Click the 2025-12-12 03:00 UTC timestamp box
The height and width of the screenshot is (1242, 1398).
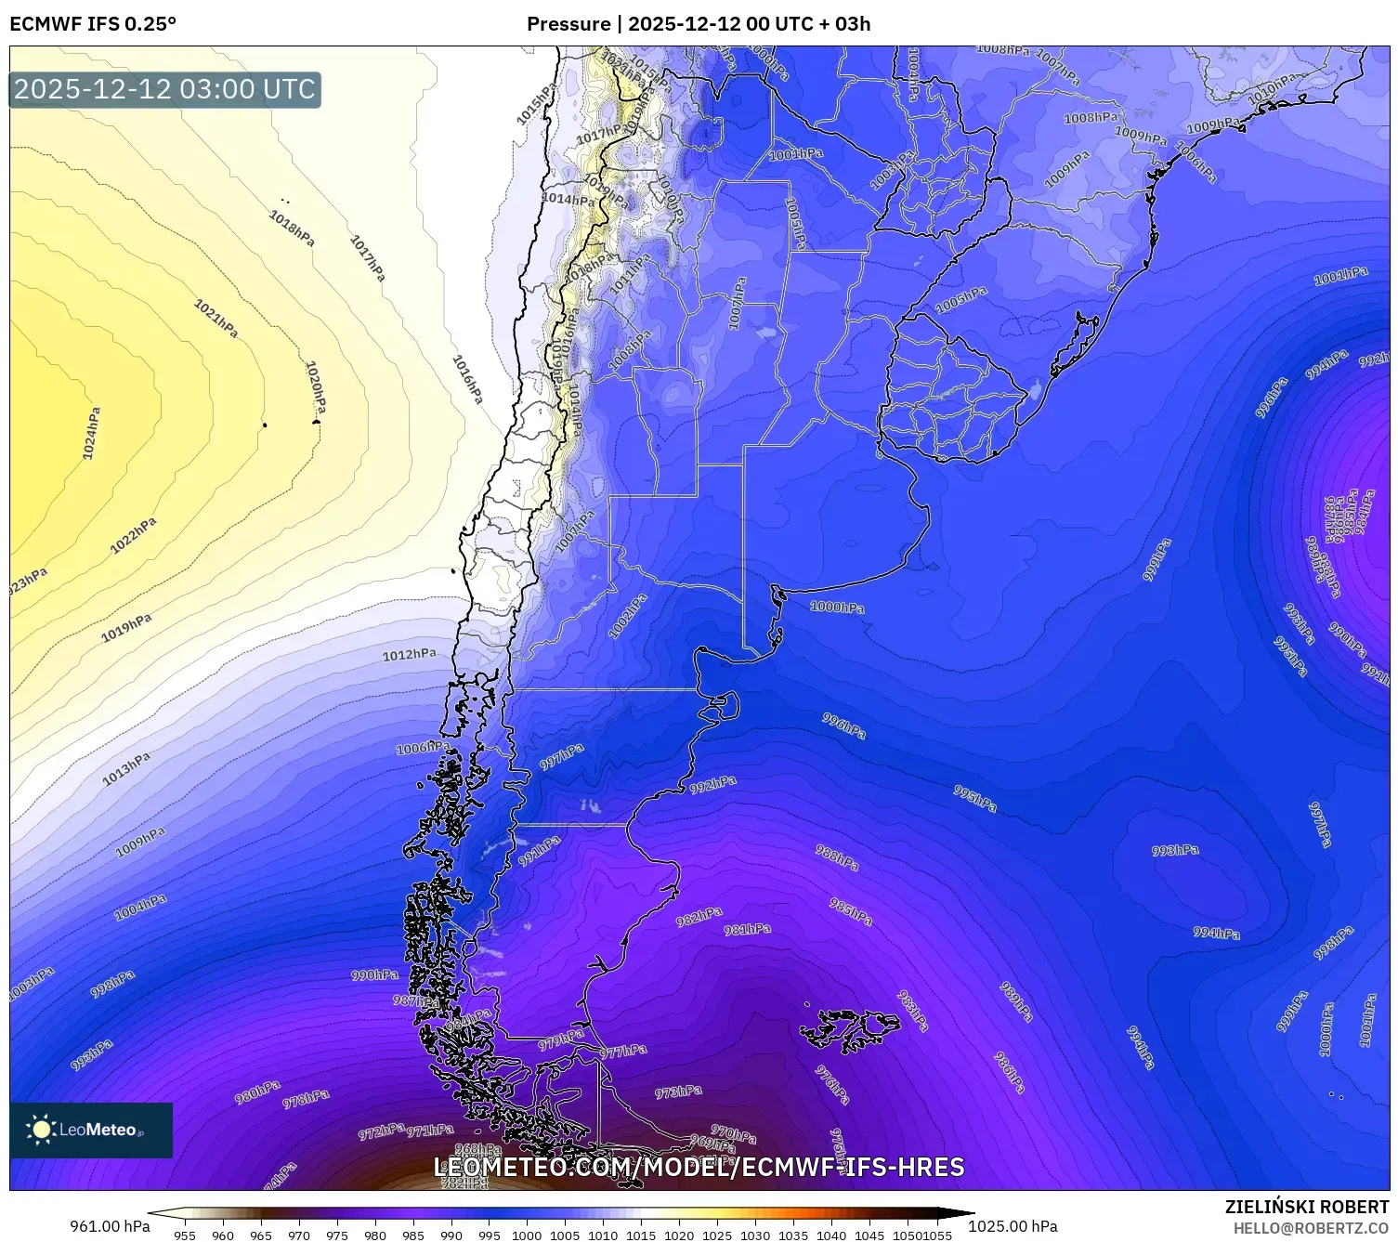pos(164,90)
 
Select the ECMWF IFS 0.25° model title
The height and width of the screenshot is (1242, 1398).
pos(93,24)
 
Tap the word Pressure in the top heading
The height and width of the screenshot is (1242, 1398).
pos(568,24)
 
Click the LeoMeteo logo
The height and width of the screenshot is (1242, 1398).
pos(91,1130)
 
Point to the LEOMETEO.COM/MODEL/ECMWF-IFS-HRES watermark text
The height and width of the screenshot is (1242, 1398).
pos(699,1168)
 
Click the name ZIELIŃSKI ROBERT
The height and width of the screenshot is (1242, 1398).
pos(1306,1208)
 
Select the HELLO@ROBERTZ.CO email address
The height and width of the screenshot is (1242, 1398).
pos(1311,1228)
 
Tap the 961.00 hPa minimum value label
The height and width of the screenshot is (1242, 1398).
pos(110,1226)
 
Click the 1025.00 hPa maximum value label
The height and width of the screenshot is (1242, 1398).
pos(1013,1226)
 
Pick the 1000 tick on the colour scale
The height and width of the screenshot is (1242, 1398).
pos(527,1235)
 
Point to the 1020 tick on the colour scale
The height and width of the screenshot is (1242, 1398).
pos(679,1235)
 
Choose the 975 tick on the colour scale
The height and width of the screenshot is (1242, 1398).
pos(336,1235)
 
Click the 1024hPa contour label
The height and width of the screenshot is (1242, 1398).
pos(91,434)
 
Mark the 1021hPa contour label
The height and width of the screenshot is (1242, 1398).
pos(216,319)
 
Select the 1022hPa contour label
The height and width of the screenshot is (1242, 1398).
pos(133,536)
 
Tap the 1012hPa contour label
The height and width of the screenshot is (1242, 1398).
pos(409,655)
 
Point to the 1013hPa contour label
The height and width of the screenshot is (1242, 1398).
pos(125,769)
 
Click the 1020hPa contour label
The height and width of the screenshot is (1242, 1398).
pos(316,386)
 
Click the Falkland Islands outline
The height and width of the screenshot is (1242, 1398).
pos(850,1030)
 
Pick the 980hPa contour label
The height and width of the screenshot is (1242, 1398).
pos(257,1092)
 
